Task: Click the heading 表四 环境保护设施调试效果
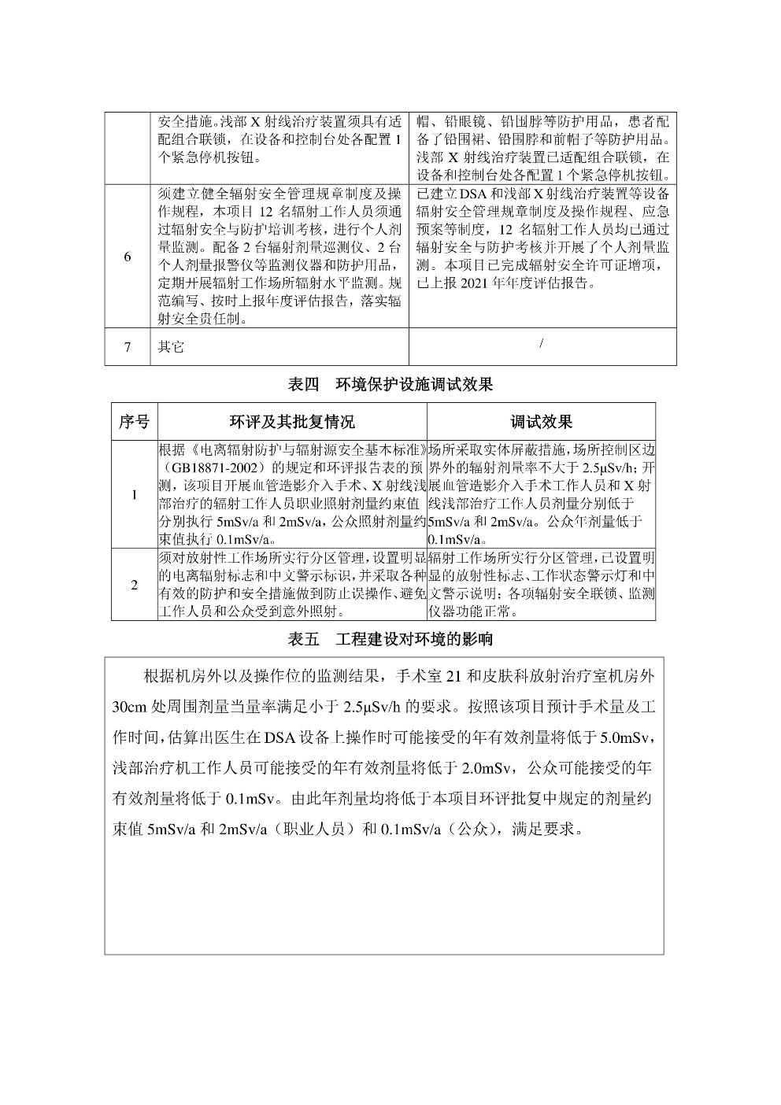coord(390,384)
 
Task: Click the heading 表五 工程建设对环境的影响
coord(390,638)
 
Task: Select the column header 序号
coord(134,422)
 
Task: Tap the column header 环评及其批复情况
coord(292,422)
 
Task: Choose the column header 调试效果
coord(541,422)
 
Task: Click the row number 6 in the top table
coord(128,257)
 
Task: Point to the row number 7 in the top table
coord(128,347)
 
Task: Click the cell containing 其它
coord(171,347)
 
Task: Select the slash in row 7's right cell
coord(542,342)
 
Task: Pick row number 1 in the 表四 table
coord(134,494)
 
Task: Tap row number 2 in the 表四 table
coord(134,585)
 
